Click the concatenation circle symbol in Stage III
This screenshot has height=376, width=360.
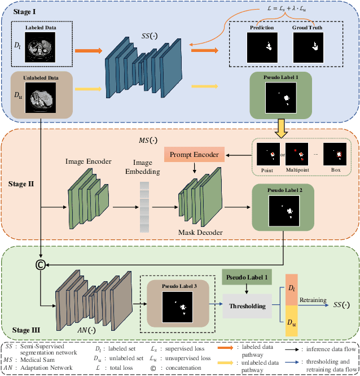41,264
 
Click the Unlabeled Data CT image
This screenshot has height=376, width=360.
42,97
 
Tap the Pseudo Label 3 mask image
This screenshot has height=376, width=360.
178,308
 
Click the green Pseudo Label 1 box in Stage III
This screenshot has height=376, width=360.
247,277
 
